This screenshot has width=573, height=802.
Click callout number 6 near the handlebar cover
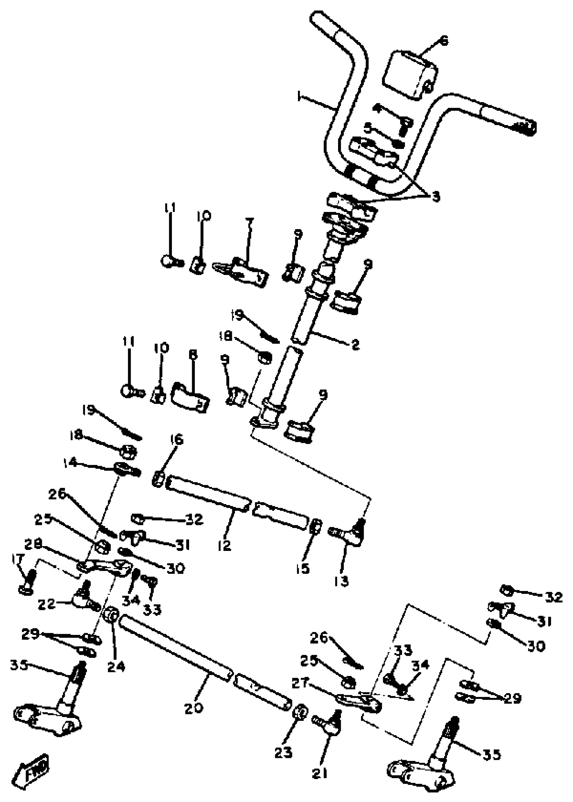(x=444, y=41)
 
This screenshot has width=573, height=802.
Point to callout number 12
(x=224, y=545)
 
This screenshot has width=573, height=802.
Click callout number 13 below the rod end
(x=341, y=581)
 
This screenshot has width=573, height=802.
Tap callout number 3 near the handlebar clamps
(x=436, y=197)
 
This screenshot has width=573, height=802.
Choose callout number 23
(x=283, y=752)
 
